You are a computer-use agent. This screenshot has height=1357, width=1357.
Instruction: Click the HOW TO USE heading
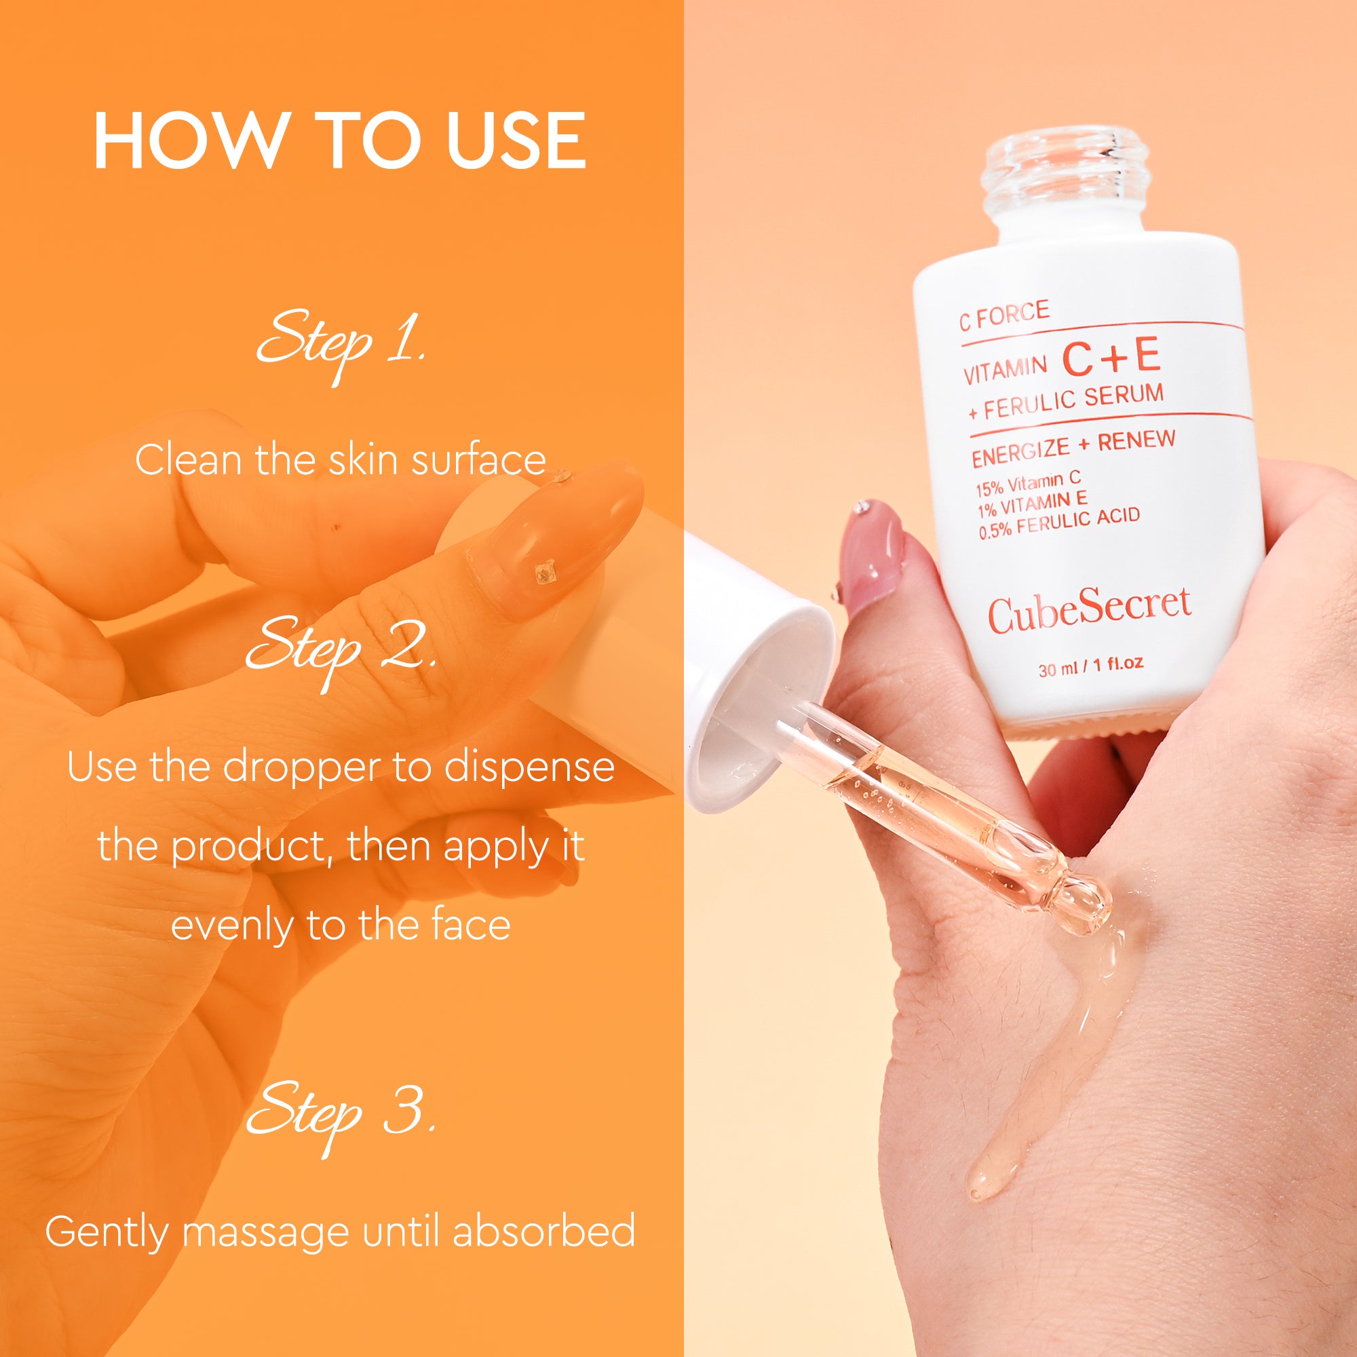pos(340,141)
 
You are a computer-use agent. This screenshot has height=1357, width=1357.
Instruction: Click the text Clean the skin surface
pos(340,461)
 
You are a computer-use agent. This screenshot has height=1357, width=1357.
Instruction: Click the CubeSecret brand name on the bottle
pos(1090,610)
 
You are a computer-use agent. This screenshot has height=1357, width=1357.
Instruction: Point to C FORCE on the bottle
pos(1004,316)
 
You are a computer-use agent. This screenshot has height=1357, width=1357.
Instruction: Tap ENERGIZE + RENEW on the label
pos(1073,446)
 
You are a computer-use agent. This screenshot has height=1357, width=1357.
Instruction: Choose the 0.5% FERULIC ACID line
pos(1059,522)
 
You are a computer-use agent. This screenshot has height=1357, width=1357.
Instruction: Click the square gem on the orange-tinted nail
pos(544,573)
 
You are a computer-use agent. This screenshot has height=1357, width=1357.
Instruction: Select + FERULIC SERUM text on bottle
pos(1065,401)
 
